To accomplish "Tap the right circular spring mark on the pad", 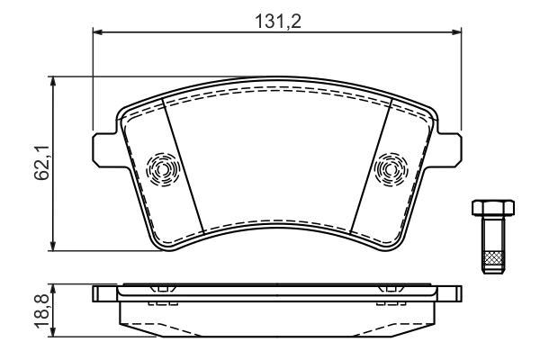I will [391, 167].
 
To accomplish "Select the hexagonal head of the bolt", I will [490, 208].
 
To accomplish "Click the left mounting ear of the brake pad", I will [104, 147].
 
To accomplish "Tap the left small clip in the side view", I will [161, 290].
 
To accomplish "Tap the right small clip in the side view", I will [391, 290].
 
